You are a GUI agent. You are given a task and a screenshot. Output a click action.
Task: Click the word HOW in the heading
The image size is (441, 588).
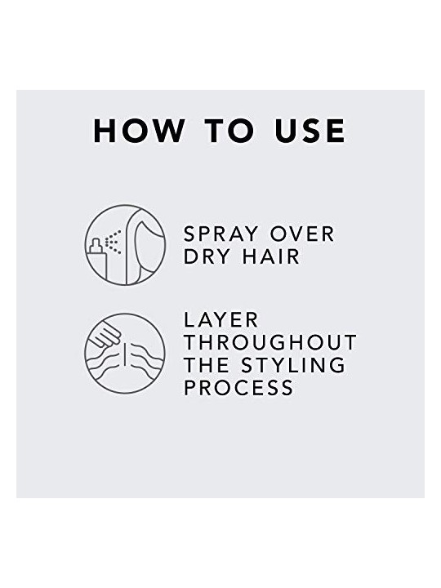(x=139, y=131)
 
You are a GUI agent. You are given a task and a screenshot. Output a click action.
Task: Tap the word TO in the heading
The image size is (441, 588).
(x=229, y=131)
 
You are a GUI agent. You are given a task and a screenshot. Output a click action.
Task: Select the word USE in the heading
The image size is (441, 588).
(x=310, y=131)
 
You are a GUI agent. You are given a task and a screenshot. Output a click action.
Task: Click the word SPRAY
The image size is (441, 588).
(x=220, y=234)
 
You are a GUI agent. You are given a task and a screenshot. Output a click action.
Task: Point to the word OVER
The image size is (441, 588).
(x=302, y=234)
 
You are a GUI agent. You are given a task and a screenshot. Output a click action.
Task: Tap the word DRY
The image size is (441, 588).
(x=207, y=257)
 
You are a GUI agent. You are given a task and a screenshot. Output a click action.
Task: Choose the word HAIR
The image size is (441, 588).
(x=271, y=257)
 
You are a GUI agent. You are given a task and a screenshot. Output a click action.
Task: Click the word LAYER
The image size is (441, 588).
(x=220, y=320)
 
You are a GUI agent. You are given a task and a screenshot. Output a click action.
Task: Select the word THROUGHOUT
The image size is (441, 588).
(x=270, y=342)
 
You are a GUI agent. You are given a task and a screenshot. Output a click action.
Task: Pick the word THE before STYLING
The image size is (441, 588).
(x=207, y=365)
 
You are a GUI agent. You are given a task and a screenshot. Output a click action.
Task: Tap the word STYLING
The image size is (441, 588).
(x=293, y=365)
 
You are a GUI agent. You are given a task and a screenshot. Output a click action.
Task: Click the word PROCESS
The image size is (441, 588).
(x=238, y=387)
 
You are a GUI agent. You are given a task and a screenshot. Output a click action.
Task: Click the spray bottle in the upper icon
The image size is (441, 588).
(x=97, y=259)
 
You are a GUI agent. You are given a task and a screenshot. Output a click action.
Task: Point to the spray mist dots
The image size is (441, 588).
(x=113, y=242)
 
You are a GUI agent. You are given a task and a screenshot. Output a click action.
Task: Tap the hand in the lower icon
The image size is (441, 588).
(x=105, y=335)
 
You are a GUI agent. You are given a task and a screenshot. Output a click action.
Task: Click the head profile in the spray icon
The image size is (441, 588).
(x=145, y=246)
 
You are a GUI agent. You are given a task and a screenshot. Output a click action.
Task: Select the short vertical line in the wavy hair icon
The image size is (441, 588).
(x=124, y=354)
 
